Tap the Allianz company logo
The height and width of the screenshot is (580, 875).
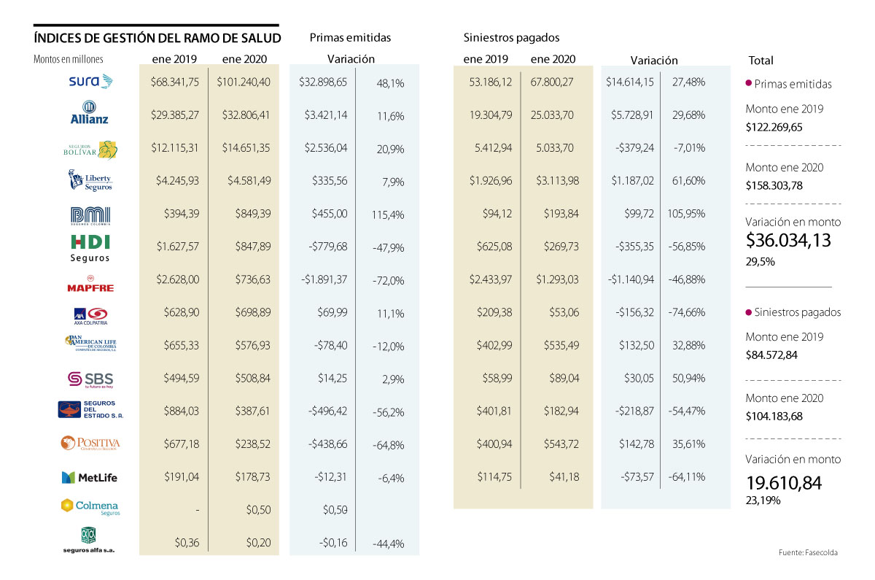click(90, 114)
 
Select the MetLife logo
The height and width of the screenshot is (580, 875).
click(89, 478)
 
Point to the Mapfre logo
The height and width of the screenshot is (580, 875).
click(90, 284)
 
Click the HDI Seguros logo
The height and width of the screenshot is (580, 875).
click(90, 248)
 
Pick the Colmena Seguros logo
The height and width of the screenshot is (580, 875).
click(89, 506)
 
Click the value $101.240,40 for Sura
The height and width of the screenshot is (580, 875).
click(244, 82)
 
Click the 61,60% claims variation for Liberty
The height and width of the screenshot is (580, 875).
click(689, 181)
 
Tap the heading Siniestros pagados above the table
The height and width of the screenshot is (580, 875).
click(511, 37)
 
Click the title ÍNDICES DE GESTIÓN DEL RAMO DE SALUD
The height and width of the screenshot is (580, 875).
click(157, 38)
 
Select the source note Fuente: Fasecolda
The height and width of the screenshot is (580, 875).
click(808, 553)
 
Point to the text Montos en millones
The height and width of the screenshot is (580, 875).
click(69, 60)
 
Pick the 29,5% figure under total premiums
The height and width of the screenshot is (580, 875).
click(761, 260)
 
